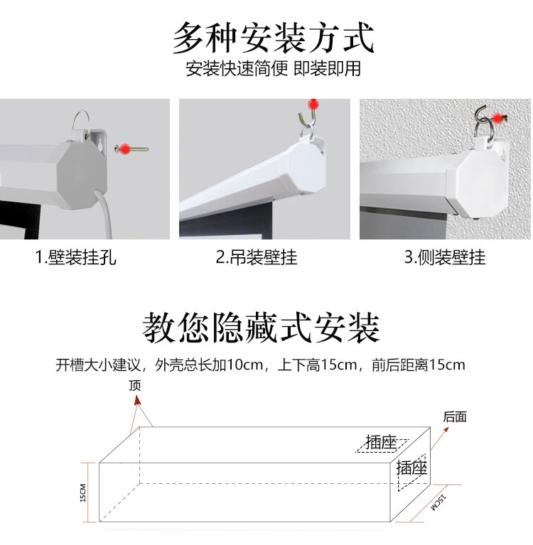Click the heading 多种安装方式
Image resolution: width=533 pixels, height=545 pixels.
274,38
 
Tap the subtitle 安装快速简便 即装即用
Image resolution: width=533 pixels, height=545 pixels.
274,68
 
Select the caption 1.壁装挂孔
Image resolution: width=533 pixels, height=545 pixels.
75,257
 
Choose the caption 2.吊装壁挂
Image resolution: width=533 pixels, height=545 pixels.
257,257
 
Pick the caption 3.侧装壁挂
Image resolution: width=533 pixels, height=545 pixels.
445,257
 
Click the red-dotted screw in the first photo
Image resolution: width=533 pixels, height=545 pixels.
131,149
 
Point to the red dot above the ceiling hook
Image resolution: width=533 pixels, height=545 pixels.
313,104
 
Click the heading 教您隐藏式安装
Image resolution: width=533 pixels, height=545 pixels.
261,328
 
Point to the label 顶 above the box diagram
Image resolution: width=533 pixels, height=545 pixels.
135,385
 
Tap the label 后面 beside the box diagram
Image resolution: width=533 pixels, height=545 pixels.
454,416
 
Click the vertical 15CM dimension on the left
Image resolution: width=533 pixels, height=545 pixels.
82,492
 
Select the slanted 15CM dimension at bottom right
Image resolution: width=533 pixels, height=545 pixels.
438,502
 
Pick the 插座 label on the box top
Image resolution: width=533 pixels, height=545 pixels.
382,443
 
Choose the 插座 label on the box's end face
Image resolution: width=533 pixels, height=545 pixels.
411,468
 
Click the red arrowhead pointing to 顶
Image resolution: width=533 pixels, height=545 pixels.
138,401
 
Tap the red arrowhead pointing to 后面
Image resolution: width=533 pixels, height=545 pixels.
446,431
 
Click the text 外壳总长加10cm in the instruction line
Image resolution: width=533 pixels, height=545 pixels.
209,365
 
